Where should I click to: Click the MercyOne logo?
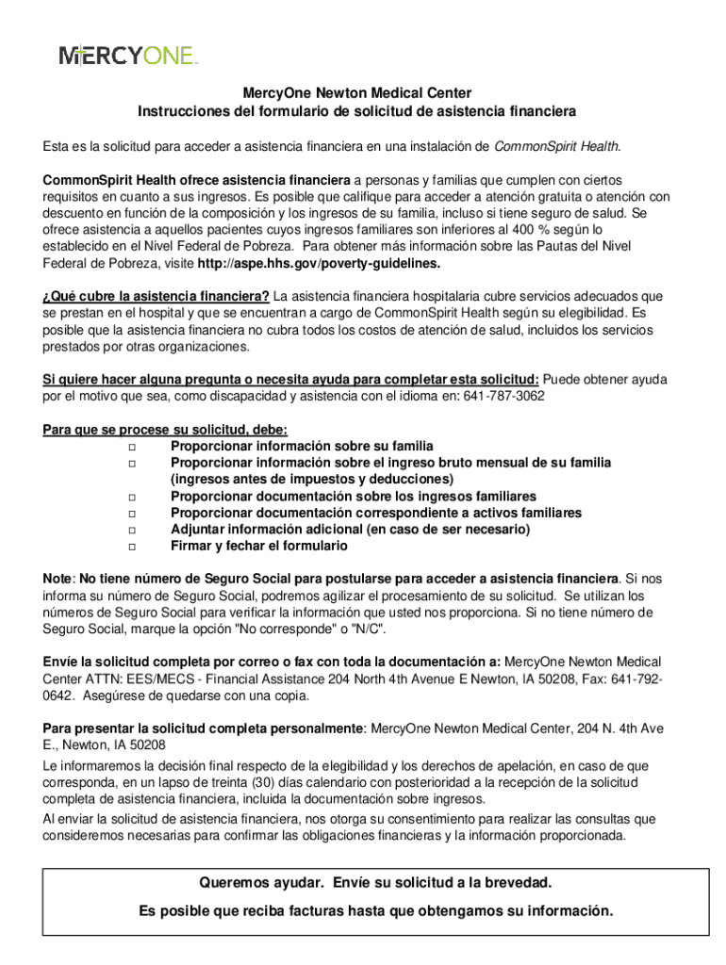128,56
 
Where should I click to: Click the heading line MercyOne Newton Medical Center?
356,93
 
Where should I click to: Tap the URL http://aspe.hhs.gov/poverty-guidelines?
333,263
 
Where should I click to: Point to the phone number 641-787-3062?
503,396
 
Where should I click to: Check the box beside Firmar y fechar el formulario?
131,547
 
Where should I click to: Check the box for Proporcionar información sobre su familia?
131,446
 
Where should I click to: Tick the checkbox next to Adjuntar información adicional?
131,530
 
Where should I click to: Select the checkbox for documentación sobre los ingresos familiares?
131,497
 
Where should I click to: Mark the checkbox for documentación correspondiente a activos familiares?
131,514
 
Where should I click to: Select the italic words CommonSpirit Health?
556,146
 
